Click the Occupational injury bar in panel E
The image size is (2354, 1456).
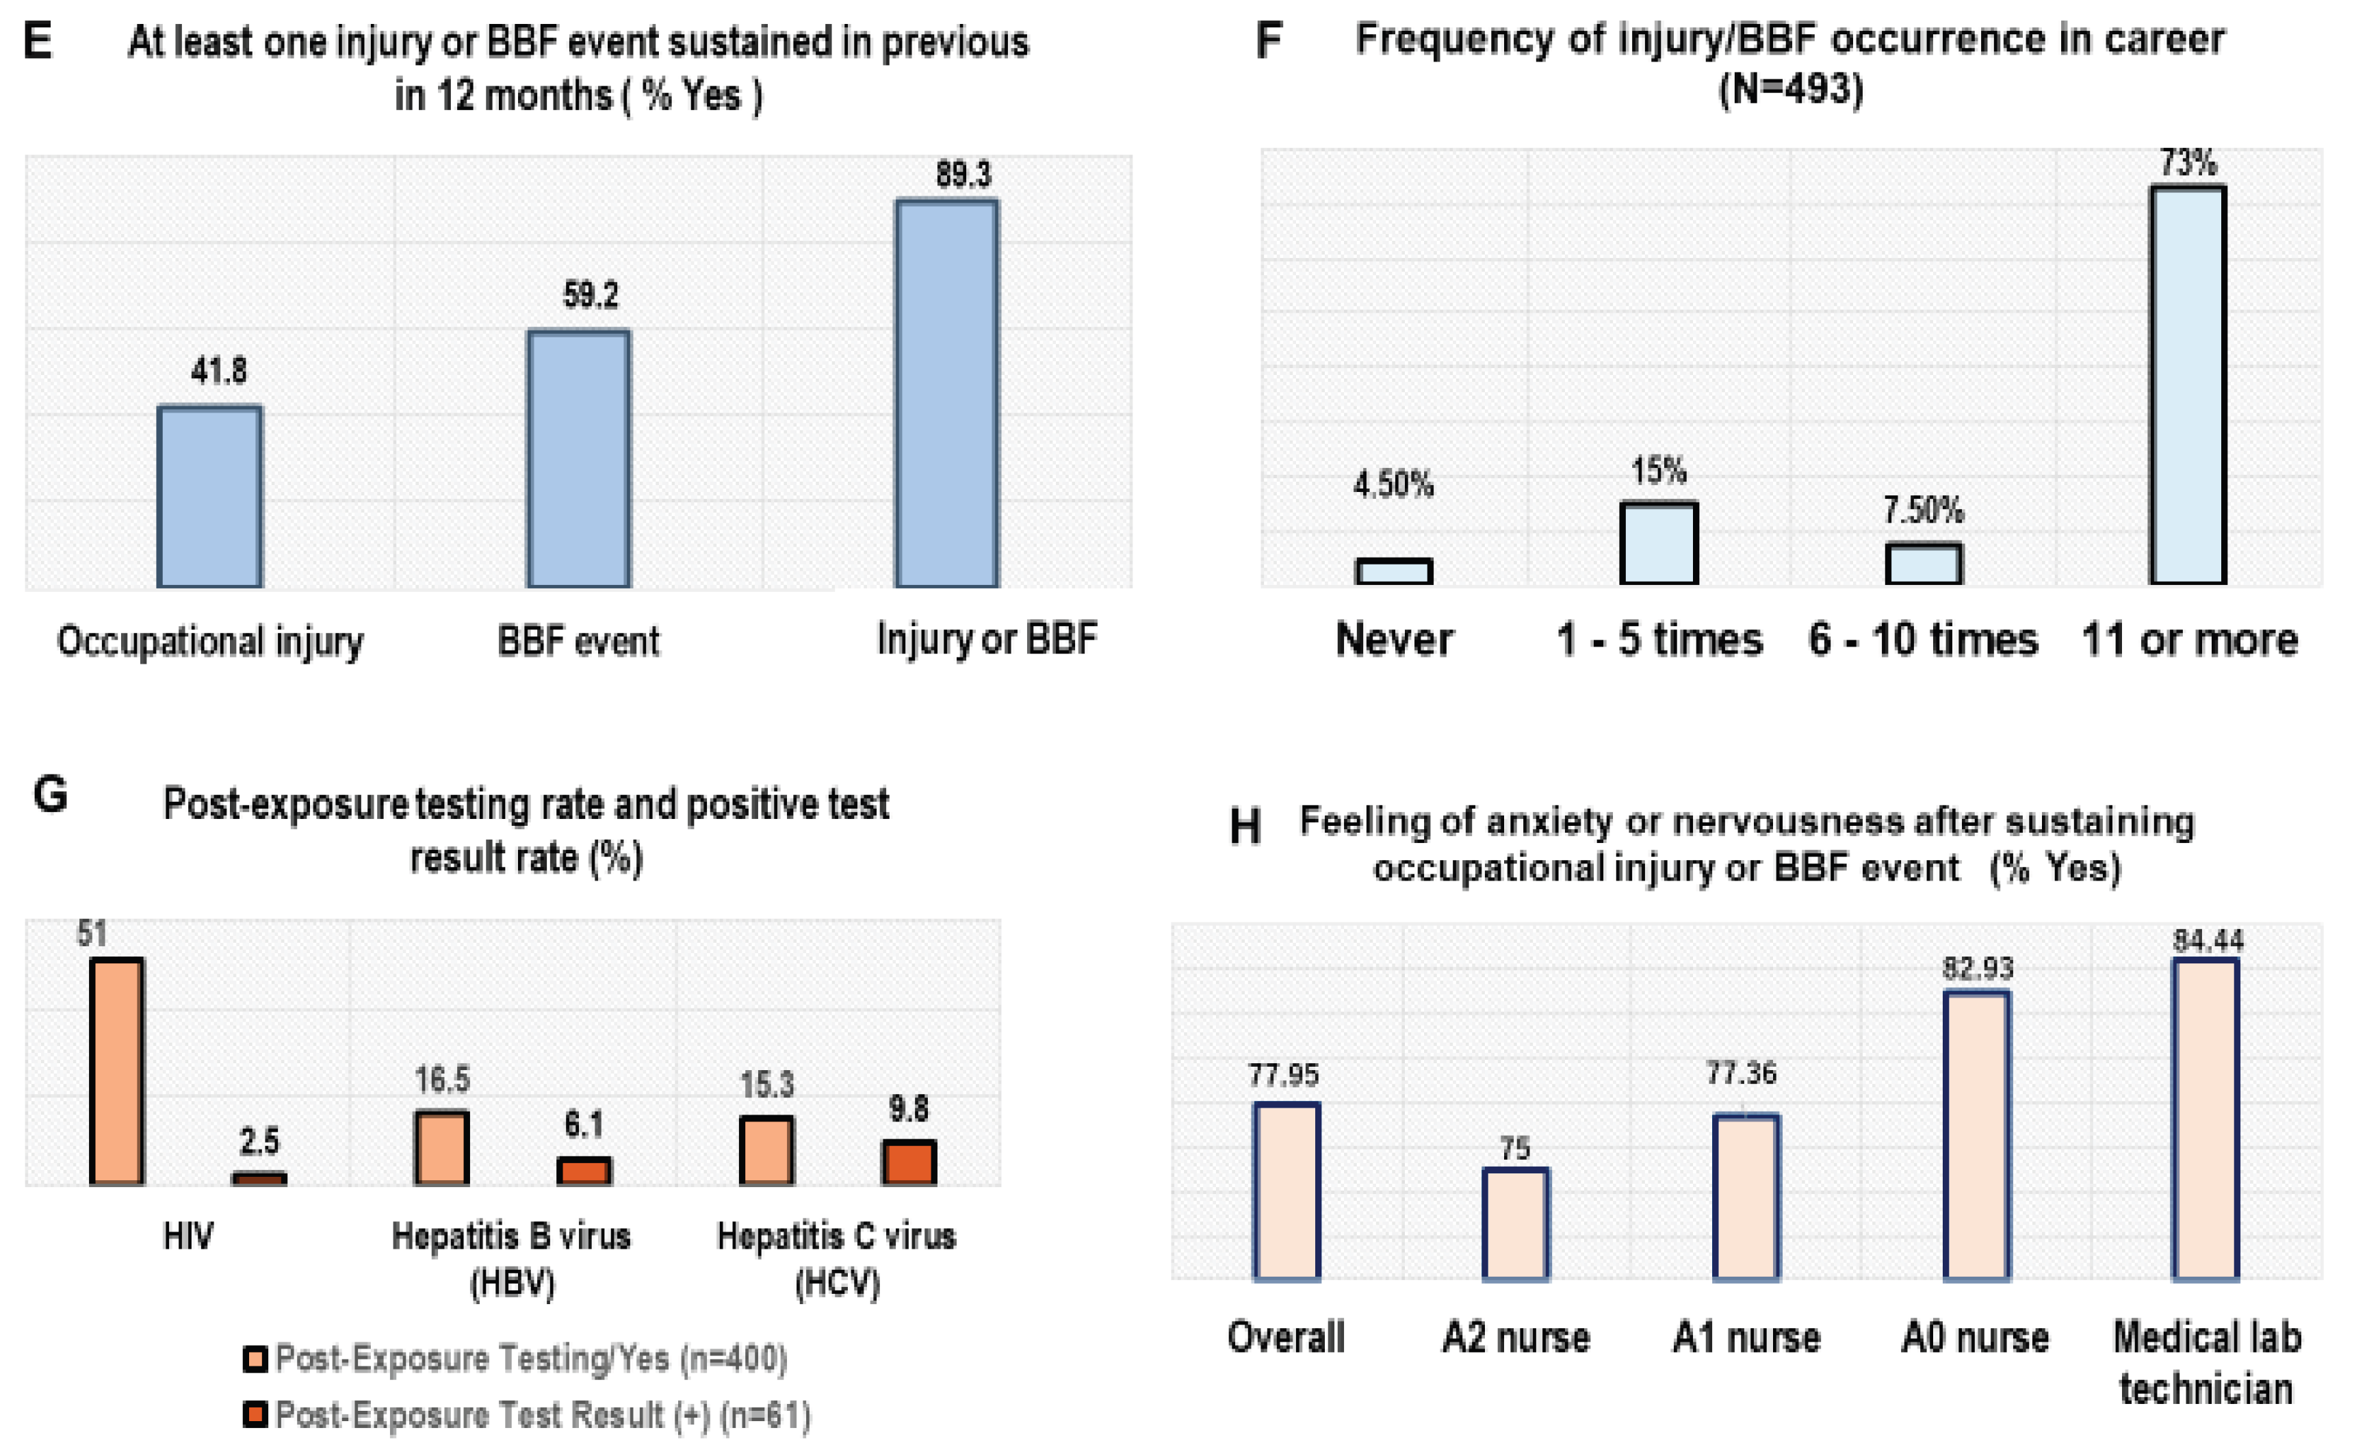click(210, 496)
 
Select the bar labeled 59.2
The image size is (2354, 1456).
click(579, 458)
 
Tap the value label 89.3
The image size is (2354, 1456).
click(963, 174)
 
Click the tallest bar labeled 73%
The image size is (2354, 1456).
click(2188, 385)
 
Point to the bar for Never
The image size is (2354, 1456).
click(1393, 571)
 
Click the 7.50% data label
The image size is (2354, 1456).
click(1923, 510)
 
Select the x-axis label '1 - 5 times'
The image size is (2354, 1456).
click(1659, 640)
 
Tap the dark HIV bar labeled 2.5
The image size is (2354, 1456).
click(259, 1179)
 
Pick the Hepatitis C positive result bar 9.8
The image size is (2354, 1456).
click(909, 1162)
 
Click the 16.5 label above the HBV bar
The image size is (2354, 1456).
click(442, 1080)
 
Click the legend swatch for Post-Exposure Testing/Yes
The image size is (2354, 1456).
click(255, 1359)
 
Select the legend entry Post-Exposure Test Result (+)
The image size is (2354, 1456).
click(542, 1414)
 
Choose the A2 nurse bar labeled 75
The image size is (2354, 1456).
click(1516, 1224)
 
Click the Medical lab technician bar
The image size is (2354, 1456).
click(2206, 1119)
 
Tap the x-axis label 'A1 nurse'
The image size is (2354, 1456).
click(1746, 1338)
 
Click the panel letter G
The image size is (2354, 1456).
click(50, 796)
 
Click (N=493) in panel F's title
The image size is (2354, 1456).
click(1791, 90)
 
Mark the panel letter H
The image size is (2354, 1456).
click(1245, 827)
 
